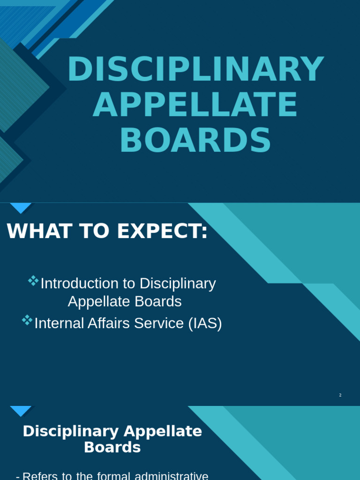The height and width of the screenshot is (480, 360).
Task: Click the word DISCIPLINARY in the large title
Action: coord(195,70)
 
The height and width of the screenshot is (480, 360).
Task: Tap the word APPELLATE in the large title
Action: coord(195,105)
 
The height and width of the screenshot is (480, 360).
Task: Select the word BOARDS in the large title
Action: coord(195,141)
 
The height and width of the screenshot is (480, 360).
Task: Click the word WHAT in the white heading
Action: coord(33,231)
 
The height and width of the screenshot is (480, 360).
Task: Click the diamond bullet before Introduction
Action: coord(33,281)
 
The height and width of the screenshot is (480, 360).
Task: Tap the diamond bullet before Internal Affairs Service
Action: coord(27,320)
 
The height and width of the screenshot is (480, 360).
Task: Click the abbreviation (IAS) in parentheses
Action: coord(205,323)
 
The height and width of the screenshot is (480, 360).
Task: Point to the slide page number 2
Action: coord(340,395)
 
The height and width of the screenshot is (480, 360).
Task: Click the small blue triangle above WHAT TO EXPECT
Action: coord(21,208)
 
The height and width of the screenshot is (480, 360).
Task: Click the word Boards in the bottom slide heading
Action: coord(112,448)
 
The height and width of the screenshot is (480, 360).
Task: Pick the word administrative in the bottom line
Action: coord(171,476)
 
